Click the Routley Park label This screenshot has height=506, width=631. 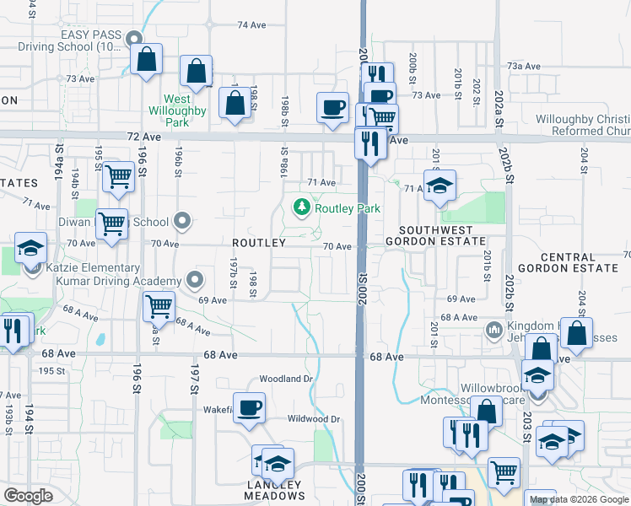tap(348, 208)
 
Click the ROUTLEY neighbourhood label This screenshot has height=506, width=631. tap(259, 243)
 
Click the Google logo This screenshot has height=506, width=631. tap(28, 497)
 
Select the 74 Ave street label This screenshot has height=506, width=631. tap(251, 25)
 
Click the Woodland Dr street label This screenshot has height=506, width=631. tap(286, 379)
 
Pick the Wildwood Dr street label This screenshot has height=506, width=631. tap(313, 419)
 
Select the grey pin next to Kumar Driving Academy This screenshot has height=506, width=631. tap(196, 279)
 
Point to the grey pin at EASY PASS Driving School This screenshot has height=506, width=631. tap(134, 39)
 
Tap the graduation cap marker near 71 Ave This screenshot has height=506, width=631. tap(439, 186)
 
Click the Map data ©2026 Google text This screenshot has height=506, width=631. tap(579, 499)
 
